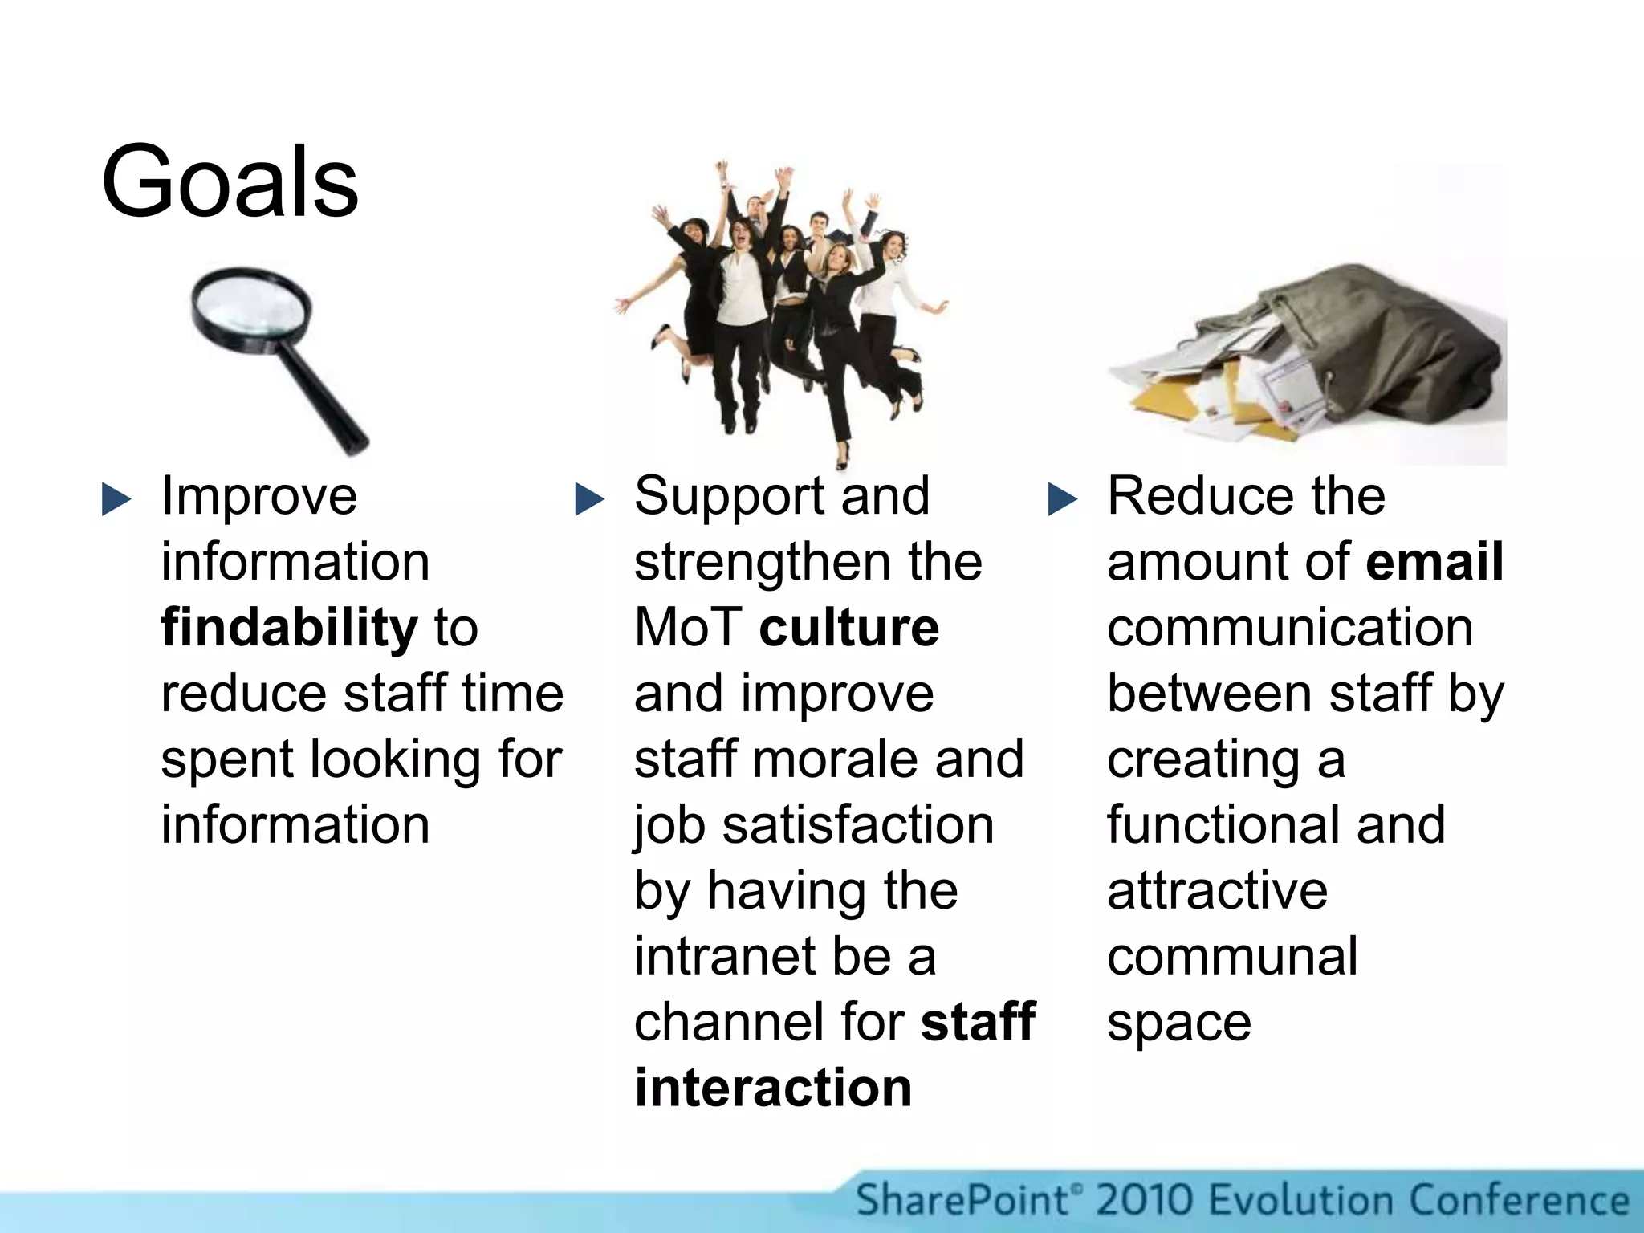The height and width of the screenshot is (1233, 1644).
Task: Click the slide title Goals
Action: tap(230, 181)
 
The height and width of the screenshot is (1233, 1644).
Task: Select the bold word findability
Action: tap(289, 627)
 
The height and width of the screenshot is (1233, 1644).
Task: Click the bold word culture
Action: tap(848, 627)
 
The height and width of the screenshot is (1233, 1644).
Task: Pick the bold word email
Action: tap(1434, 561)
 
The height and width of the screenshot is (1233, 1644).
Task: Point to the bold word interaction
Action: tap(773, 1088)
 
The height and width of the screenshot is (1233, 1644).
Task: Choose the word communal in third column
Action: tap(1232, 956)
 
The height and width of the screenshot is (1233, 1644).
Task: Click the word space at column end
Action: tap(1178, 1023)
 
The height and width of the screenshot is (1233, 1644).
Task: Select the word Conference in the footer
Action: tap(1519, 1201)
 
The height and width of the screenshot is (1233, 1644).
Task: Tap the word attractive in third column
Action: tap(1217, 890)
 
